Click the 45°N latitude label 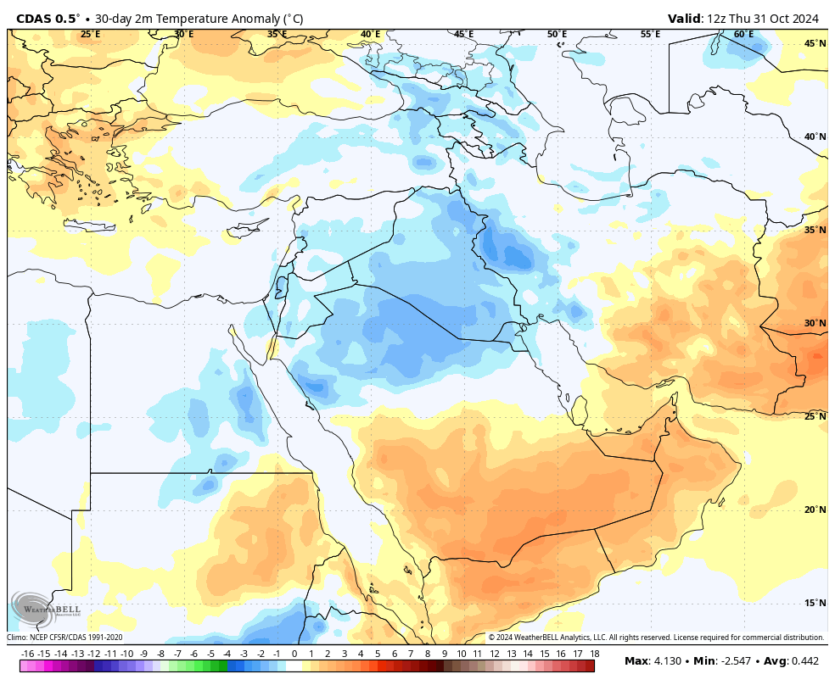pos(815,43)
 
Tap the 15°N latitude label pos(815,603)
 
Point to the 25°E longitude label pos(90,35)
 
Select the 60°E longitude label pos(743,35)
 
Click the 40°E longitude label pos(370,35)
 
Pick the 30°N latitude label pos(815,323)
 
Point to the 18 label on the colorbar pos(595,654)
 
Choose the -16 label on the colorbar pos(28,654)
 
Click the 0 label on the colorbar pos(294,654)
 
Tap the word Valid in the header pos(684,19)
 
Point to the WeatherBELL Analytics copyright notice pos(656,638)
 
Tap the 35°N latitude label pos(815,230)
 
